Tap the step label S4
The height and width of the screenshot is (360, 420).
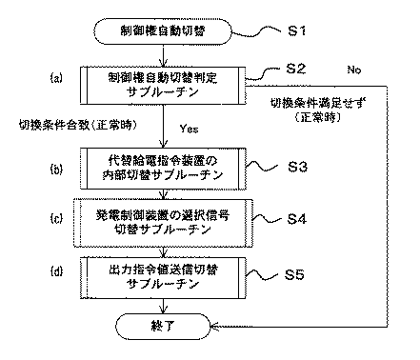(x=298, y=219)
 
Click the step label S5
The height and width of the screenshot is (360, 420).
(x=298, y=275)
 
